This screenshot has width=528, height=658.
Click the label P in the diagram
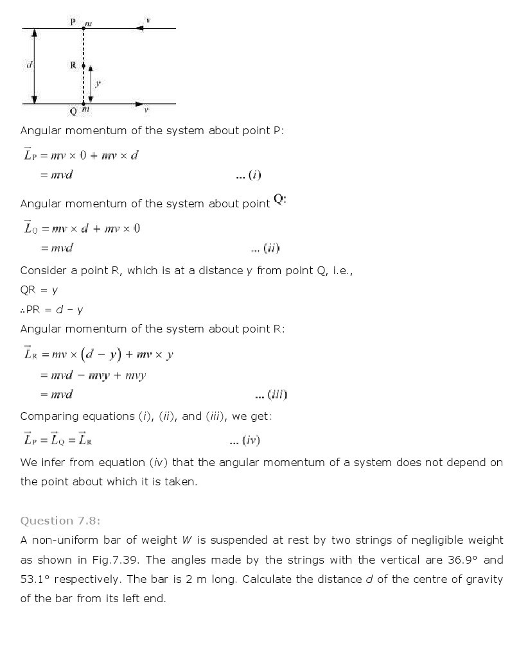[73, 22]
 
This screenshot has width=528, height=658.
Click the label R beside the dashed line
[73, 65]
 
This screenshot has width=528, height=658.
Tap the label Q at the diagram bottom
[73, 111]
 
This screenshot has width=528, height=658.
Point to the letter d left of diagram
[29, 65]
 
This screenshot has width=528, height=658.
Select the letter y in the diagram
[98, 83]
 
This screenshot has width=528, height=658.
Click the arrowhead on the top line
[139, 28]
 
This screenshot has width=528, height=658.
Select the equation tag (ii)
[271, 248]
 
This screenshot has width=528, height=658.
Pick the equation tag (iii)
[277, 395]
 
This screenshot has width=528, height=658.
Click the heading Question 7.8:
[60, 521]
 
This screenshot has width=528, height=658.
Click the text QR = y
[39, 290]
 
